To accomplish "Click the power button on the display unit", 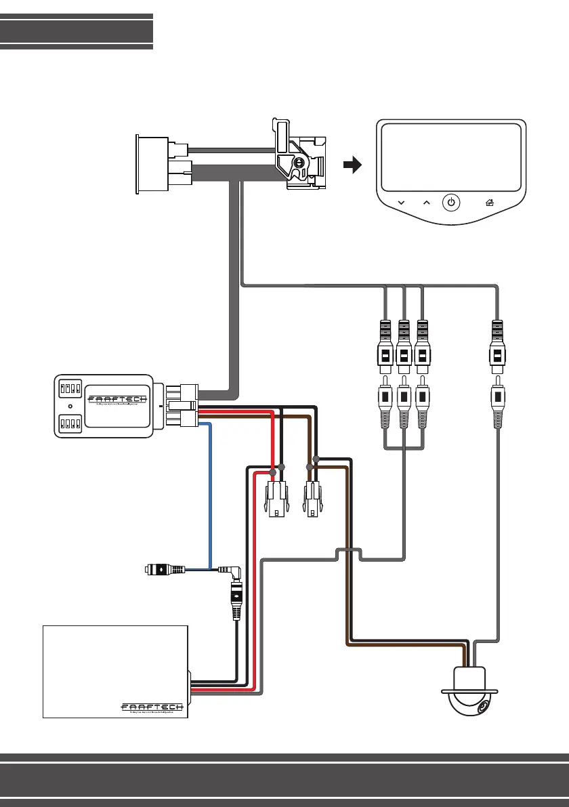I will click(x=452, y=202).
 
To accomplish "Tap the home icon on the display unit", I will click(x=489, y=202).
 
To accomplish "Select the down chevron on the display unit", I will click(x=401, y=202).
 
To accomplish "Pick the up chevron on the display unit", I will click(x=426, y=202).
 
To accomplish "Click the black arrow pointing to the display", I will click(x=352, y=165).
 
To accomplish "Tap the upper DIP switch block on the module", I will click(x=70, y=389).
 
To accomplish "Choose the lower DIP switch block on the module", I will click(x=70, y=424).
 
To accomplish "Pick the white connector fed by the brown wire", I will click(x=312, y=500).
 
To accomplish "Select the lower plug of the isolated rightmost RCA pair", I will click(x=499, y=404).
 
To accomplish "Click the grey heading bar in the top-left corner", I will click(x=77, y=31).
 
